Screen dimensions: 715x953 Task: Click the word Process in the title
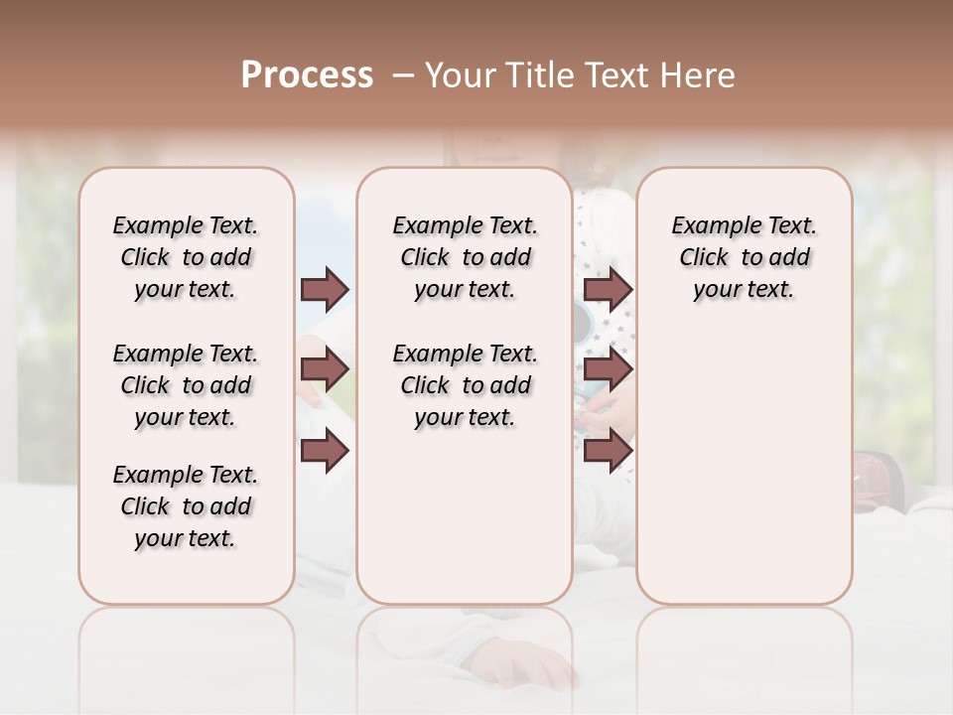[x=307, y=75]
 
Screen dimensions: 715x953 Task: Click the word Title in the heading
[x=536, y=75]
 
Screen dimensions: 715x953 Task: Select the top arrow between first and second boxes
[x=325, y=289]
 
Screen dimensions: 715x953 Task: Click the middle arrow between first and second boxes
[x=325, y=370]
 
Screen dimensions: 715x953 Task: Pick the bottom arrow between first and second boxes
[x=325, y=451]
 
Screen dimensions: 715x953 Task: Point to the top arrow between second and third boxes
[x=608, y=289]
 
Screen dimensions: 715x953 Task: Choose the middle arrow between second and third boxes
[x=608, y=370]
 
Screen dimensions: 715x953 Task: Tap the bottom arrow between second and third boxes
[x=608, y=451]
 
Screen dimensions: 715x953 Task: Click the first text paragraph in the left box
[x=186, y=257]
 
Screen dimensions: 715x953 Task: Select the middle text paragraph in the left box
[x=186, y=385]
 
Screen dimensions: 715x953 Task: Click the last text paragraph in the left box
[x=186, y=506]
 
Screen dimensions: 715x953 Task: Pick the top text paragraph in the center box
[x=465, y=257]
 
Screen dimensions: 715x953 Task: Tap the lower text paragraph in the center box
[x=465, y=385]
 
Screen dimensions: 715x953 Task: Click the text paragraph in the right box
[x=745, y=257]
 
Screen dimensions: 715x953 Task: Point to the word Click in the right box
[x=704, y=258]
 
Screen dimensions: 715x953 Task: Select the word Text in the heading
[x=615, y=75]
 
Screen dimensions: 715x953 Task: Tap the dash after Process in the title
[x=402, y=75]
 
